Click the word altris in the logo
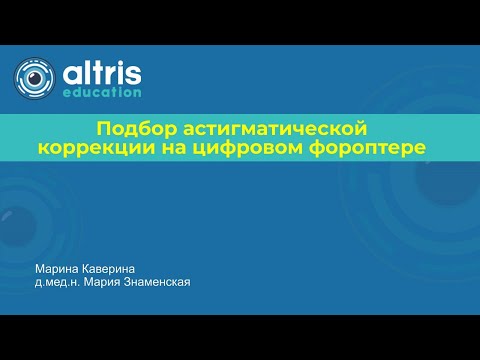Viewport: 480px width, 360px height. coord(101,72)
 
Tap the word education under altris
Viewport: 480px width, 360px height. coord(102,91)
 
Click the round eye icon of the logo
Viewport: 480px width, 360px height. coord(35,78)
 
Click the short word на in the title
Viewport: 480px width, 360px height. coord(213,148)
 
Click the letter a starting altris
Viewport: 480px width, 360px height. coord(70,73)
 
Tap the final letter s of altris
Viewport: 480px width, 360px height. coord(133,73)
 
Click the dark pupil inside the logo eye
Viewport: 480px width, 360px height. coord(36,78)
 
